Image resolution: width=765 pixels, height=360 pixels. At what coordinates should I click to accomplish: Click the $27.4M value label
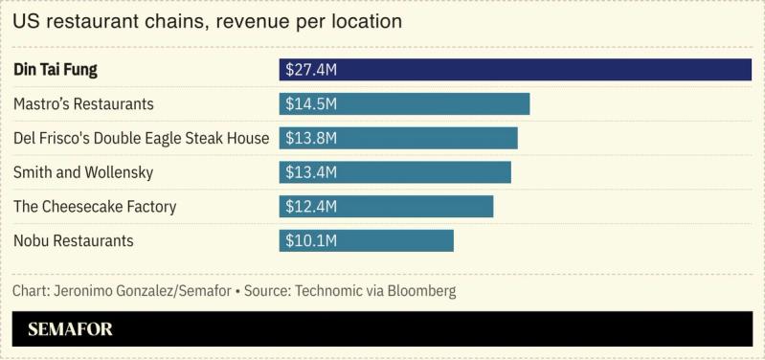[x=311, y=70]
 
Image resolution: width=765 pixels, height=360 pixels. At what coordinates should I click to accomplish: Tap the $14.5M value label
[x=311, y=104]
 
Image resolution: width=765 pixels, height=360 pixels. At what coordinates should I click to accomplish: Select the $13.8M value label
[x=311, y=138]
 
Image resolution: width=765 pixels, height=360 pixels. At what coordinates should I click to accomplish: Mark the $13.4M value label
[x=311, y=172]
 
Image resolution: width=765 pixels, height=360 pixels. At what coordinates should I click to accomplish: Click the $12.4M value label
[x=311, y=207]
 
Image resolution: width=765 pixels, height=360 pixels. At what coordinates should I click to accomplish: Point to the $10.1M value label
[x=311, y=240]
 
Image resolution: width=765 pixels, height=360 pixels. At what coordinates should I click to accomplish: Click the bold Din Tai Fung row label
[x=56, y=70]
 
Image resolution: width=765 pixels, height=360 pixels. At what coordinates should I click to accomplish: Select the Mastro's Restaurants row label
[x=83, y=104]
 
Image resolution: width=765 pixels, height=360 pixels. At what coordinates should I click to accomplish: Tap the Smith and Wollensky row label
[x=83, y=172]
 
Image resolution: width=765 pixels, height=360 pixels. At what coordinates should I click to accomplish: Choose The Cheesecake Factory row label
[x=95, y=207]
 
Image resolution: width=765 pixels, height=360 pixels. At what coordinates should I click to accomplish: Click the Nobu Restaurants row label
[x=74, y=240]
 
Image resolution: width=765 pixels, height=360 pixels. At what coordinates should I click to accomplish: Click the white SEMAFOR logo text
[x=70, y=329]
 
